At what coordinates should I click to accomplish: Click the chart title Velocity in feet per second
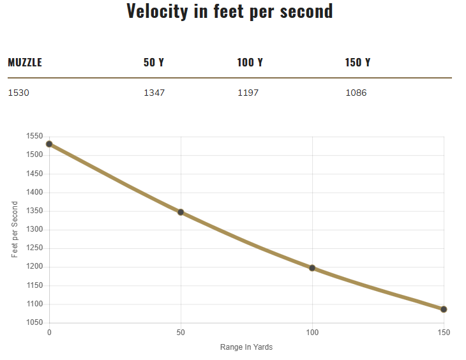coord(230,11)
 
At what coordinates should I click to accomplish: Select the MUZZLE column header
coord(25,63)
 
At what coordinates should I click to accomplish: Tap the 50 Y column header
coord(154,63)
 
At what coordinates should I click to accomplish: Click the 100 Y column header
coord(250,63)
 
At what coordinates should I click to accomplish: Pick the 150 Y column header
coord(357,63)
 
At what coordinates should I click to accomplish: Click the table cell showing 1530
coord(19,93)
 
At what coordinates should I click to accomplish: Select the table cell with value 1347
coord(154,93)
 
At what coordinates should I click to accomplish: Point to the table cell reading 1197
coord(248,93)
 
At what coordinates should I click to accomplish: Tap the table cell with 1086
coord(356,93)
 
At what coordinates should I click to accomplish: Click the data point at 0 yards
coord(49,144)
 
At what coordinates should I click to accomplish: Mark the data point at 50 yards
coord(181,212)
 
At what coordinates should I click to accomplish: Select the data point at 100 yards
coord(312,268)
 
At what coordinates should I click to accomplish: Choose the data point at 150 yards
coord(444,310)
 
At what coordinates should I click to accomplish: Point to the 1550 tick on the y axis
coord(34,137)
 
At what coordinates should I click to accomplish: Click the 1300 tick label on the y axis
coord(34,192)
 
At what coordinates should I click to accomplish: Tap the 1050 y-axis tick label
coord(34,323)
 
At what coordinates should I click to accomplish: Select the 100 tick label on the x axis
coord(312,333)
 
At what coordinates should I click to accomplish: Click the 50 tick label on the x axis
coord(181,333)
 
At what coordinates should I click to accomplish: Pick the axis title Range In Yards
coord(246,347)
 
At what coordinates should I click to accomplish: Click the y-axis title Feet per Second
coord(15,230)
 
